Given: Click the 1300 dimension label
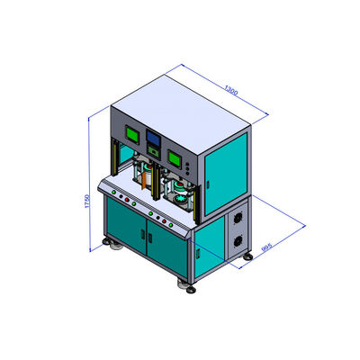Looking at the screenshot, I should click(231, 90).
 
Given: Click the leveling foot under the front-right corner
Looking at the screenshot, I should click(188, 284).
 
